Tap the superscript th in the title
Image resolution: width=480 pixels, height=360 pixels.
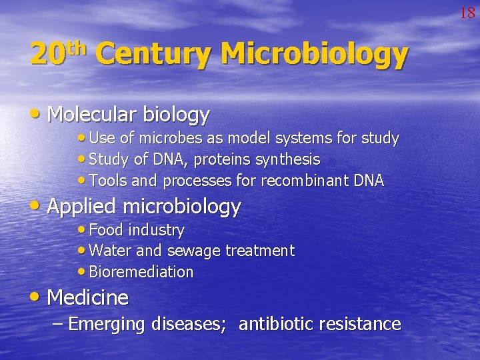coord(79,47)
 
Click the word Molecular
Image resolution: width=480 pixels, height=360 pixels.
coord(88,115)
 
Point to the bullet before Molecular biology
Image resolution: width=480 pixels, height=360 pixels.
coord(39,115)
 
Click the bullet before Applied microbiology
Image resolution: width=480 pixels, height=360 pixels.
coord(39,206)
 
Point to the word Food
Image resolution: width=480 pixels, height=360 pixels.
coord(105,230)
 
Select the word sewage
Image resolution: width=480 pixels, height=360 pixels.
coord(194,251)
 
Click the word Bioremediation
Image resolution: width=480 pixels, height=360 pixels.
coord(141,272)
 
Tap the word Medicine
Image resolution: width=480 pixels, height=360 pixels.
coord(88,297)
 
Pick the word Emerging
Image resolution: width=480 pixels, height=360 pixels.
coord(107,325)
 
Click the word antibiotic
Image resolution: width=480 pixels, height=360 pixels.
coord(276,325)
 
